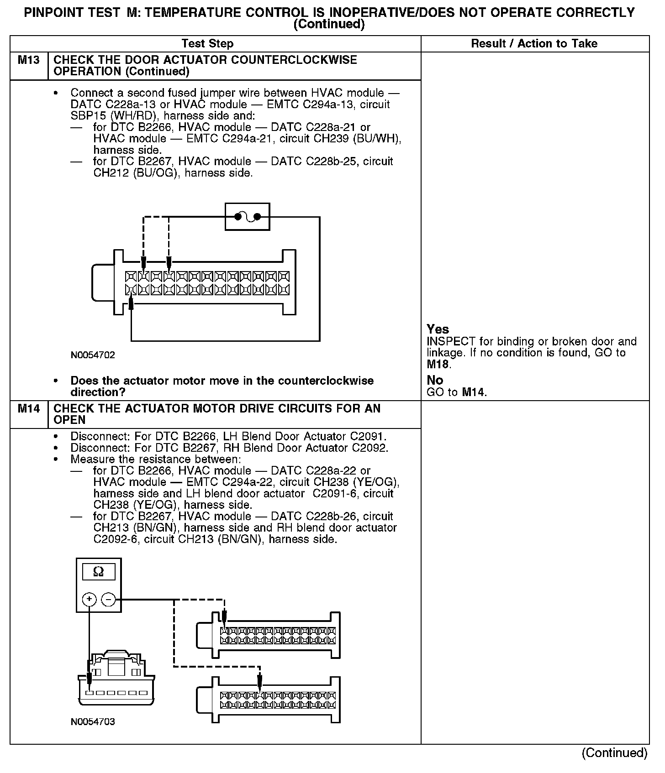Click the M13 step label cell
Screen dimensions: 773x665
tap(29, 61)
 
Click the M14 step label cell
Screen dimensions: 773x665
tap(29, 409)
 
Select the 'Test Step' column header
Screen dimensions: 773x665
tap(207, 44)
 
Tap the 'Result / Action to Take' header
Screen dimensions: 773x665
tap(534, 44)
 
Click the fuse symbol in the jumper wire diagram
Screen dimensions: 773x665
tap(247, 217)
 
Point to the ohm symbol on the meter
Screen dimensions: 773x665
tap(98, 571)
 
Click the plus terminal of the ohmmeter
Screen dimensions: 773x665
tap(89, 599)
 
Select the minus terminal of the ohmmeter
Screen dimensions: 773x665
tap(108, 599)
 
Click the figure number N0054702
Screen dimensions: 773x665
tap(93, 355)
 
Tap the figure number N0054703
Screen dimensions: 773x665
tap(93, 722)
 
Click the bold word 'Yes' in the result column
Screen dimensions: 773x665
tap(438, 329)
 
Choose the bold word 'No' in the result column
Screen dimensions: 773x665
tap(435, 380)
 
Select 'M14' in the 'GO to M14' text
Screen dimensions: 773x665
tap(474, 392)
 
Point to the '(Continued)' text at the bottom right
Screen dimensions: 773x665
tap(614, 753)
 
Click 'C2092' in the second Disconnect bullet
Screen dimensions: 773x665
tap(370, 448)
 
